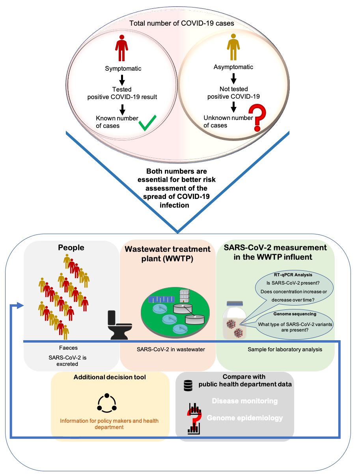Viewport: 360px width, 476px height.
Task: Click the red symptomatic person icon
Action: tap(122, 48)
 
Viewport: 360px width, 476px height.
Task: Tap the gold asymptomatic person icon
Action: tap(233, 47)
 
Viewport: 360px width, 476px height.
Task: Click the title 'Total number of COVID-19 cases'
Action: tap(182, 23)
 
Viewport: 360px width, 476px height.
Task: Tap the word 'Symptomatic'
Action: tap(123, 69)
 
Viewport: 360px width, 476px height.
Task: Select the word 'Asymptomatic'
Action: tap(233, 67)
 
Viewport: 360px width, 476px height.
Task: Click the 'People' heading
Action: tap(71, 247)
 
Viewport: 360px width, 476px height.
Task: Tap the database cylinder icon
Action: tap(188, 386)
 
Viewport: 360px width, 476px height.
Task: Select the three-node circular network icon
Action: tap(107, 403)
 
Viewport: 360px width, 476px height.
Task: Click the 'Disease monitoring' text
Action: tap(244, 401)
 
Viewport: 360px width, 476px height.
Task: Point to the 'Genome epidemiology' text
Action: tap(244, 418)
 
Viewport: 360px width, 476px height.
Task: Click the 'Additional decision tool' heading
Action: tap(110, 377)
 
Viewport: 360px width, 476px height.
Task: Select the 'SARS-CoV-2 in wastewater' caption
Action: tap(168, 349)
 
